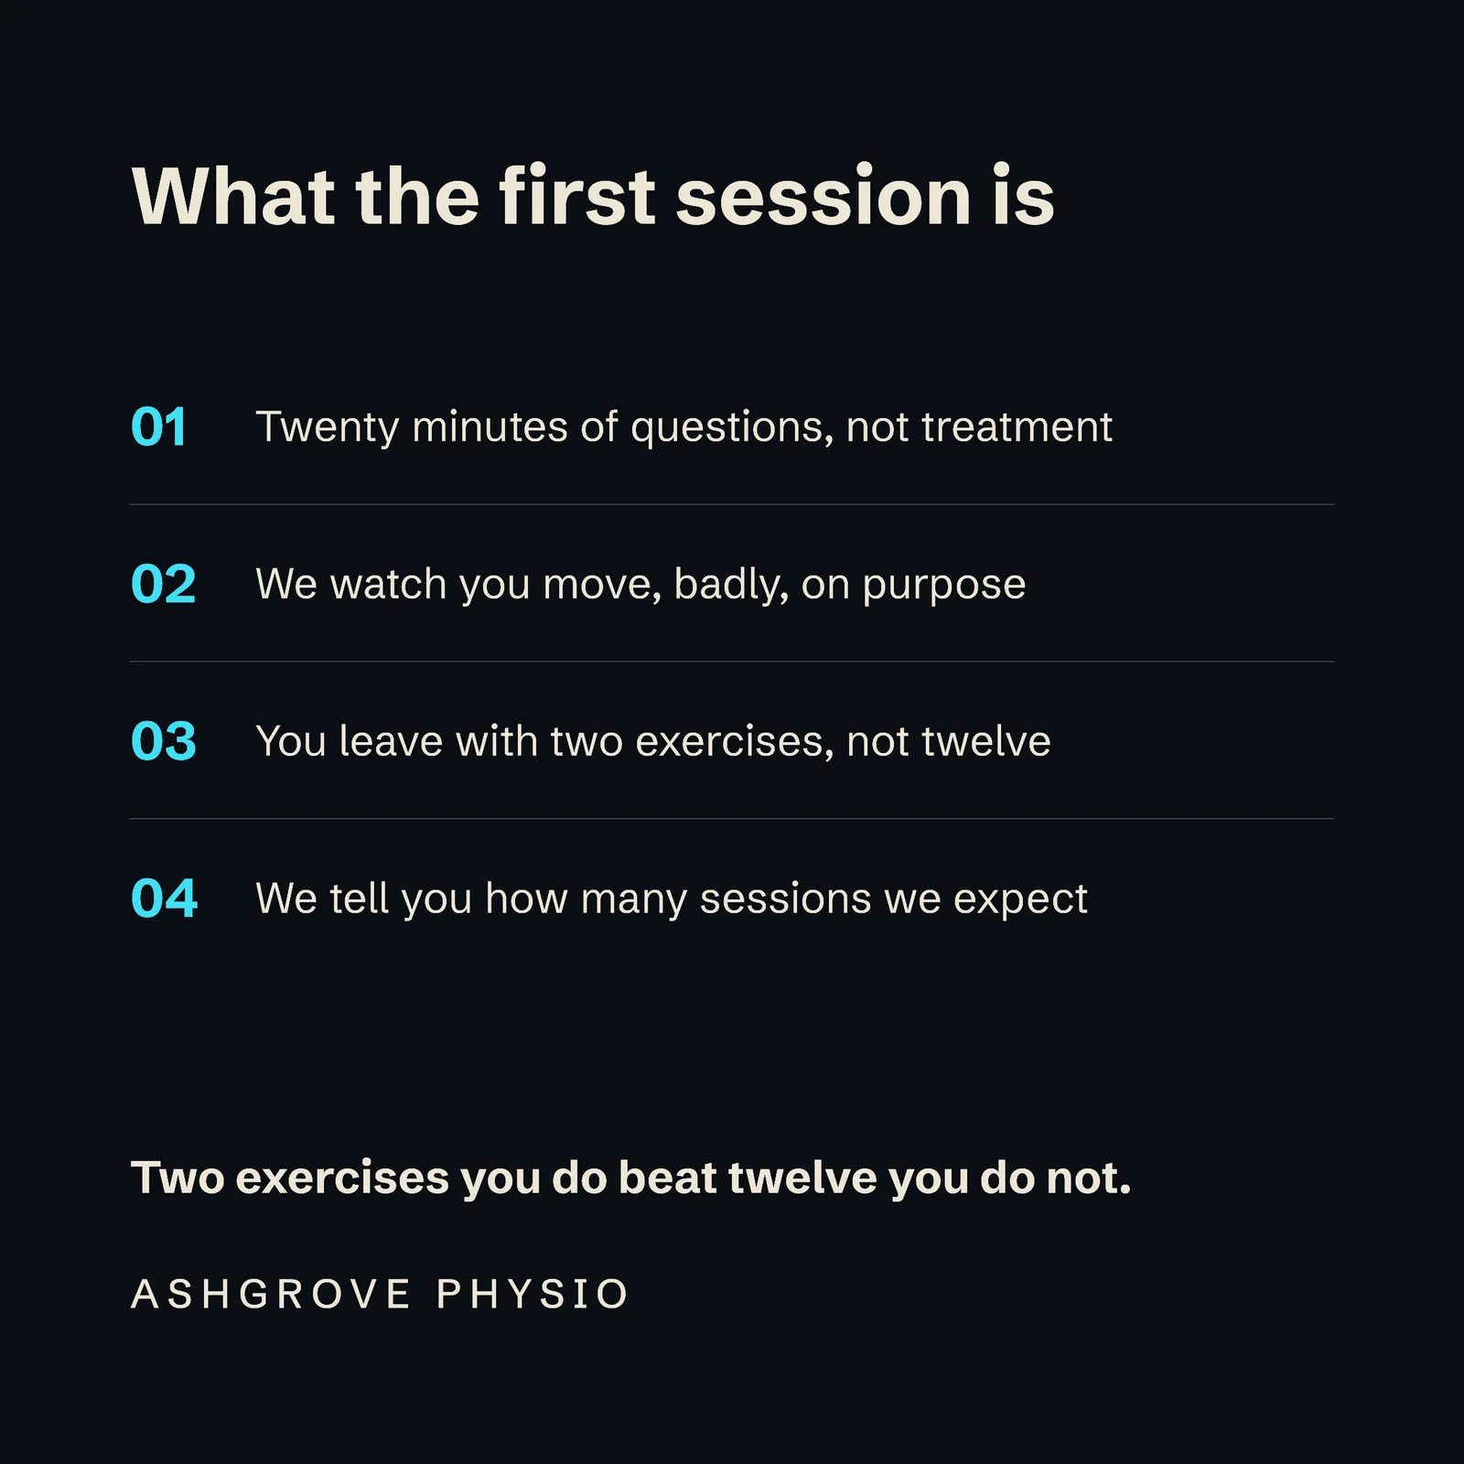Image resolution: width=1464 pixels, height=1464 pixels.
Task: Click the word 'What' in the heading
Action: [x=233, y=197]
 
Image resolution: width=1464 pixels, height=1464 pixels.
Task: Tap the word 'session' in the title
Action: [x=823, y=199]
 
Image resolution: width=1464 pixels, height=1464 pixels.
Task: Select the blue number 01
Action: [x=159, y=427]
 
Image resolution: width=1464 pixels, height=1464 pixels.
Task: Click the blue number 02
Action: [x=164, y=585]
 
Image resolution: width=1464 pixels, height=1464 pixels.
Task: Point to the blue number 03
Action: [x=164, y=742]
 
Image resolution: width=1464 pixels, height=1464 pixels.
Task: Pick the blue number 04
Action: [x=165, y=899]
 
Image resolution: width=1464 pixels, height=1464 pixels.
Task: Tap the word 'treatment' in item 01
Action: [x=1017, y=427]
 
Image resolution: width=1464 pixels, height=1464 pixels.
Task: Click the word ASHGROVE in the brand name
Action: [x=271, y=1294]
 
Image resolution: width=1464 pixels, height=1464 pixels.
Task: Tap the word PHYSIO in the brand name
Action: [x=533, y=1294]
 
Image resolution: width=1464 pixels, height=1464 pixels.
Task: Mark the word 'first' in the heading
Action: [x=577, y=197]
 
